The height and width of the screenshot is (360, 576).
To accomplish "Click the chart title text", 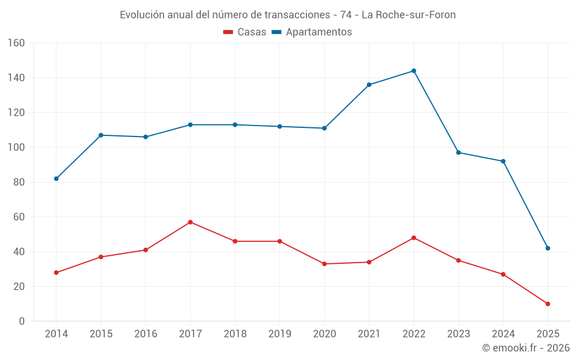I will tap(287, 15).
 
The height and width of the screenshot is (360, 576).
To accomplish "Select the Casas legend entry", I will tap(245, 32).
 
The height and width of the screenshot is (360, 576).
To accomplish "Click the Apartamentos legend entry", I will tap(312, 32).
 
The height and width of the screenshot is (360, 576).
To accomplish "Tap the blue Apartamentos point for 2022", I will tap(414, 71).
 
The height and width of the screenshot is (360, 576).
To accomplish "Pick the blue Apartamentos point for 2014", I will tap(56, 179).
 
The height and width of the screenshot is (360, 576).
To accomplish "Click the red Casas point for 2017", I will tap(190, 222).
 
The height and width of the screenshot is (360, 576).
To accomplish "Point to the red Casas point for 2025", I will tap(548, 304).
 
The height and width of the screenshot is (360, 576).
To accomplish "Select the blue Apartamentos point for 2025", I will tap(548, 248).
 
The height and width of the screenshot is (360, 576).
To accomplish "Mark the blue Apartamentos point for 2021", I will tap(369, 85).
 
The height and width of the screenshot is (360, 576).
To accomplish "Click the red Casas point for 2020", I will tap(324, 264).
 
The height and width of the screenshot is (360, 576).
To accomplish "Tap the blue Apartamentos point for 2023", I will tap(458, 153).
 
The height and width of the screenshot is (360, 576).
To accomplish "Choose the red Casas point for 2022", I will tap(414, 238).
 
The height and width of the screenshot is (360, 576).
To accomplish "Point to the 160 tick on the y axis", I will tap(16, 43).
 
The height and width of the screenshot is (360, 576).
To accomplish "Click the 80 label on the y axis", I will tap(18, 183).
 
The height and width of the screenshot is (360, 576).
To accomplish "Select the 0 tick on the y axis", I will tap(21, 321).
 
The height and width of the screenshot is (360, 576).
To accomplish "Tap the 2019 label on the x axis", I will tap(279, 334).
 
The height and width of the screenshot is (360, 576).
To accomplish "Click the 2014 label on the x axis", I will tap(56, 334).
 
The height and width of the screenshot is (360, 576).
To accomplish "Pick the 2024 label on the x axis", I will tap(503, 334).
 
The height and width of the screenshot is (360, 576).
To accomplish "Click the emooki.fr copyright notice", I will tap(526, 348).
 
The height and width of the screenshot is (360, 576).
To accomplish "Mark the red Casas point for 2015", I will tap(101, 257).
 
